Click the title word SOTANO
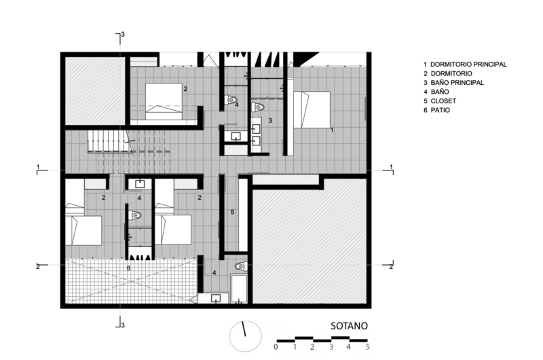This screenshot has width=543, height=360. click(349, 325)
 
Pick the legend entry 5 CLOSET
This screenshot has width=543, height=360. click(441, 101)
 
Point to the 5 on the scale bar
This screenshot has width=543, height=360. click(367, 347)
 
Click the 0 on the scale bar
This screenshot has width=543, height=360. click(276, 347)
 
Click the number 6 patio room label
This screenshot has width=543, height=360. click(128, 268)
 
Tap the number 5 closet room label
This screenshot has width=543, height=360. click(232, 213)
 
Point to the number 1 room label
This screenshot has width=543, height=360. click(331, 128)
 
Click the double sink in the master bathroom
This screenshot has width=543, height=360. click(257, 132)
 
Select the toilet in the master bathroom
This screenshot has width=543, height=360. click(259, 107)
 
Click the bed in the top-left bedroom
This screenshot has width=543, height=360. click(165, 101)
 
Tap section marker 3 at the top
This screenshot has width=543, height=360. click(123, 34)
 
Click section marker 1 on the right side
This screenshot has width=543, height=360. click(392, 167)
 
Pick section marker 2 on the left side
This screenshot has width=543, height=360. click(38, 266)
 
